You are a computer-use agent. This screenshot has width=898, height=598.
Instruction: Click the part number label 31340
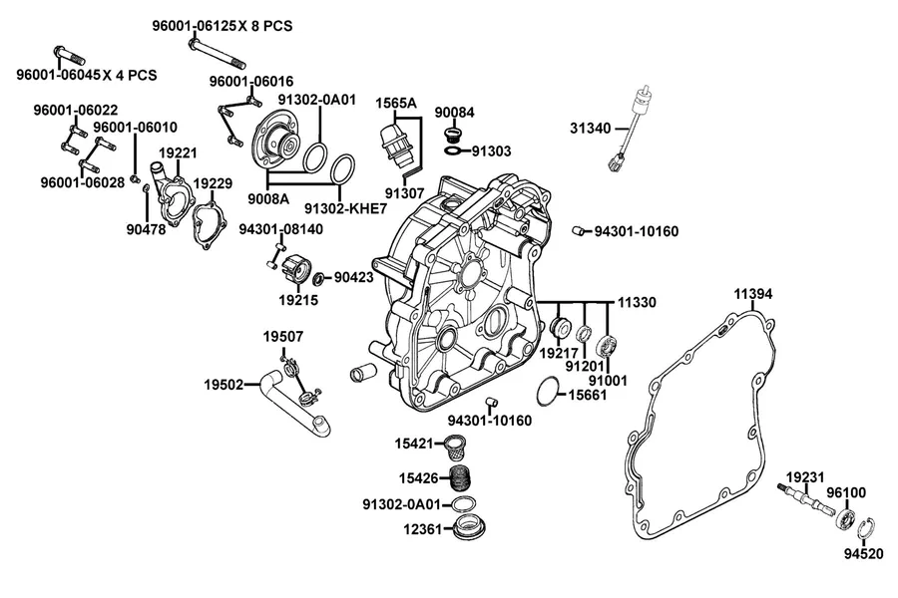coord(590,129)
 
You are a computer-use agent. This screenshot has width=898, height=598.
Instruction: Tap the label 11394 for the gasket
coord(753,294)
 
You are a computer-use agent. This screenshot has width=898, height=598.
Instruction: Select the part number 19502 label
coord(224,385)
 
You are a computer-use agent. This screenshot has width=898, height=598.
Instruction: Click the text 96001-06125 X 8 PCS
coord(223,26)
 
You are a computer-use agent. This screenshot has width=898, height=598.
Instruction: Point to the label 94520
coord(864,553)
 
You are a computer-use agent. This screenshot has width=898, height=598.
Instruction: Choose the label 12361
coord(423,529)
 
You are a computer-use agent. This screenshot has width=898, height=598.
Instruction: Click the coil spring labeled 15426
coord(461,477)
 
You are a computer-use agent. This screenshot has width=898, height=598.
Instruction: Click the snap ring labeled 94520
coord(866,530)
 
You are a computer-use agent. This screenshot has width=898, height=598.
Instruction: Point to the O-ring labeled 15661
coord(548,392)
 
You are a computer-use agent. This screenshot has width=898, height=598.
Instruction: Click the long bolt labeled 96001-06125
coord(217,51)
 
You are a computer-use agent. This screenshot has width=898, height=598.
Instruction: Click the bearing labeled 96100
coord(847,518)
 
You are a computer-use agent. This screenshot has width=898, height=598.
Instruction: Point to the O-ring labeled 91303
coord(452,150)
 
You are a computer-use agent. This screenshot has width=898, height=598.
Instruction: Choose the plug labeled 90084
coord(454,136)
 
